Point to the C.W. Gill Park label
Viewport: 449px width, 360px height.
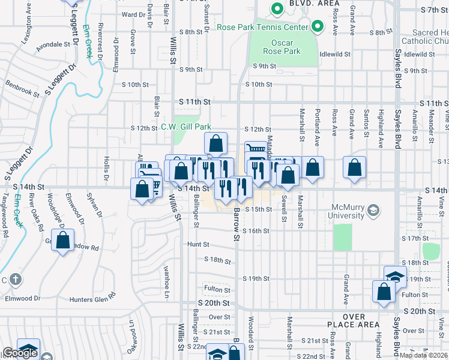click(x=185, y=127)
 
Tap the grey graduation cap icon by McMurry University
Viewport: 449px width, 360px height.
click(x=373, y=210)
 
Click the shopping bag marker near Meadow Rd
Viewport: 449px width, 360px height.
click(x=62, y=241)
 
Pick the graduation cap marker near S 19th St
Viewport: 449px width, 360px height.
click(x=395, y=277)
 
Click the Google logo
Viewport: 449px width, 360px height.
click(x=20, y=353)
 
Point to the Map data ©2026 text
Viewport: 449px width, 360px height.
click(x=424, y=355)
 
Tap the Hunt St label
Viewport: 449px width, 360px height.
click(x=197, y=244)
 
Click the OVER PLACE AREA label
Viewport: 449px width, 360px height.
click(x=363, y=320)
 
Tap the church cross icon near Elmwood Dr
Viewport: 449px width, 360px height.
click(x=16, y=279)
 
